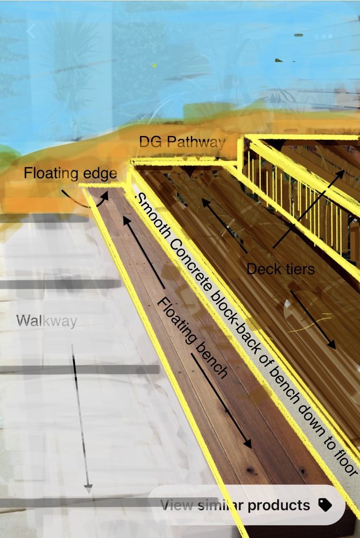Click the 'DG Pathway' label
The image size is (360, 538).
tap(181, 143)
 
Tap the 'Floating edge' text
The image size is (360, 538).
tap(70, 173)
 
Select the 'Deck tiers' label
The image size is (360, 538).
tap(280, 268)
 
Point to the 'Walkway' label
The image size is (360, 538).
tap(47, 321)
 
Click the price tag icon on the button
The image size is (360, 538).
tap(324, 505)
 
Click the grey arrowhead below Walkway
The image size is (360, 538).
tap(88, 489)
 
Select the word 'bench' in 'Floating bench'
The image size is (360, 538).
tap(211, 360)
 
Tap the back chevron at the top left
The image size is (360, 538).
tap(31, 31)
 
